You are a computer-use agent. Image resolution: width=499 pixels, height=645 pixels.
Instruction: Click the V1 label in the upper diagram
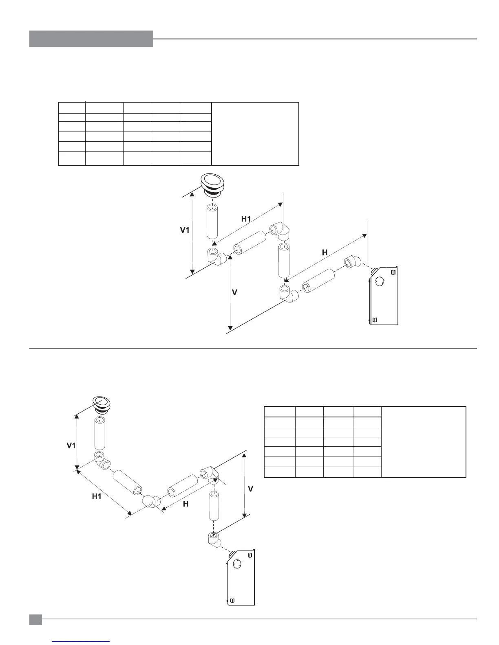[x=185, y=230]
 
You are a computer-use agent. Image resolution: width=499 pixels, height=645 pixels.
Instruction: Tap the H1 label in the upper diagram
[x=246, y=219]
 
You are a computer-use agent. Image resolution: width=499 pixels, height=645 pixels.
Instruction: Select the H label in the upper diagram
[x=325, y=252]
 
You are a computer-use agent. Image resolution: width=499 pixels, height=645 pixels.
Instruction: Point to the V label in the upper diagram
[x=234, y=292]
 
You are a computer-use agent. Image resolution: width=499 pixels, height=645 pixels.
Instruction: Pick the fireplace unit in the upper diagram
[x=383, y=295]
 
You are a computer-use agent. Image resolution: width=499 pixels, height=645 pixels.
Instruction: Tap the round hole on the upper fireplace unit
[x=379, y=282]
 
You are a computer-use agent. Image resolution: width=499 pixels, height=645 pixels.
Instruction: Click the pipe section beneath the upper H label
[x=318, y=282]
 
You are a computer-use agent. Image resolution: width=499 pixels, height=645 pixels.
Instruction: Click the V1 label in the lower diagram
[x=71, y=445]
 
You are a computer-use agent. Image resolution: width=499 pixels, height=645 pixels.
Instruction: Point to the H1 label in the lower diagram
[x=97, y=496]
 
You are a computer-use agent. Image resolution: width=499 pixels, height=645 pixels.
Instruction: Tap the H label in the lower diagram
[x=185, y=504]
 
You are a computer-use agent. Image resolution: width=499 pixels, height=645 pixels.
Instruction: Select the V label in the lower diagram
[x=251, y=489]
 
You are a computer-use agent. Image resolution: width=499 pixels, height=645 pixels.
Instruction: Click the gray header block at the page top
[x=91, y=39]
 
